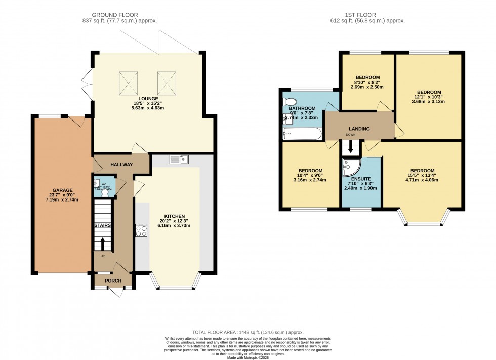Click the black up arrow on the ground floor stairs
(103, 243)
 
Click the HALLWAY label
(121, 165)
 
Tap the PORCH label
(113, 280)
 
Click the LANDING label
(358, 129)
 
